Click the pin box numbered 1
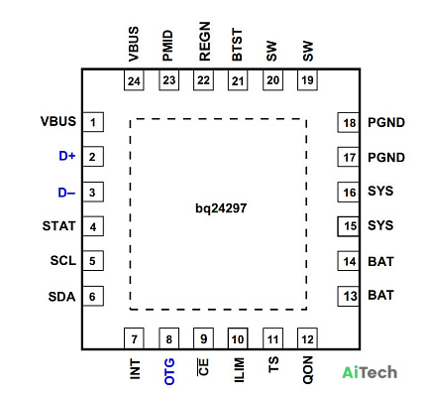tap(93, 122)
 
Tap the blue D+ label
tap(67, 156)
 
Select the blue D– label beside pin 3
tap(66, 193)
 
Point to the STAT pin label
tap(58, 226)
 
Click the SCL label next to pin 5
tap(63, 261)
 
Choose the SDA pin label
tap(61, 297)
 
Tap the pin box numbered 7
tap(134, 338)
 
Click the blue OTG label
tap(169, 371)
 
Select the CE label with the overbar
tap(203, 367)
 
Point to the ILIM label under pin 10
tap(239, 370)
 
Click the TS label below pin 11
tap(273, 364)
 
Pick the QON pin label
tap(308, 370)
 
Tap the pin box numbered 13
tap(348, 296)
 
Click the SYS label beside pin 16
tap(380, 191)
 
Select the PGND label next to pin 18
tap(386, 122)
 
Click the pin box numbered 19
tap(307, 80)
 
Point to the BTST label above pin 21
tap(237, 45)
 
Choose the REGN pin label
tap(205, 42)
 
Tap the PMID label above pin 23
tap(168, 46)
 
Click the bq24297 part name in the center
tap(221, 208)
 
